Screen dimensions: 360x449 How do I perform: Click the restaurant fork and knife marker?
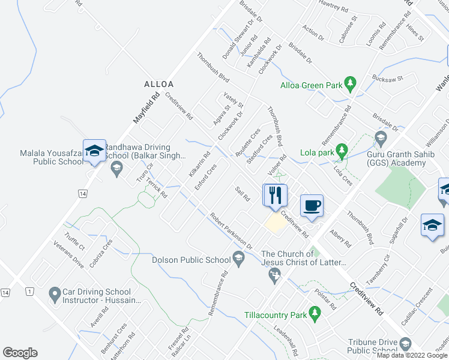tap(276, 196)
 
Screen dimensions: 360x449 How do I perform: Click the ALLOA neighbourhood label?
tap(158, 84)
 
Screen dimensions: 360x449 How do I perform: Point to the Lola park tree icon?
tap(341, 149)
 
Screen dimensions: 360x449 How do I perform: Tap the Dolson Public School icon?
tap(238, 259)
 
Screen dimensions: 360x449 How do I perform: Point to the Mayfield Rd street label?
tap(146, 107)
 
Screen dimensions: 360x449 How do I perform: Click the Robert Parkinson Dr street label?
tap(231, 230)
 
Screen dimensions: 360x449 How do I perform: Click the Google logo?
tap(20, 353)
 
